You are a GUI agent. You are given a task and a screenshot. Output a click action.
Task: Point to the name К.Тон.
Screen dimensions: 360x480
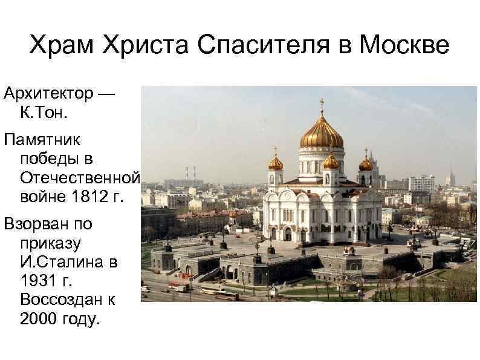click(x=44, y=113)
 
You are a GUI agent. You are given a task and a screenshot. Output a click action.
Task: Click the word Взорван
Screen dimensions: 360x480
click(x=39, y=224)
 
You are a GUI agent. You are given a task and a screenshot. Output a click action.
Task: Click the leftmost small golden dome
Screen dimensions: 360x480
click(x=276, y=162)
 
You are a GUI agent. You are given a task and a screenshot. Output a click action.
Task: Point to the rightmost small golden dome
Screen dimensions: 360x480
click(x=366, y=163)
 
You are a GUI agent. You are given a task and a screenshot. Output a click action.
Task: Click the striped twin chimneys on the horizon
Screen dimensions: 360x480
click(x=190, y=173)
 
